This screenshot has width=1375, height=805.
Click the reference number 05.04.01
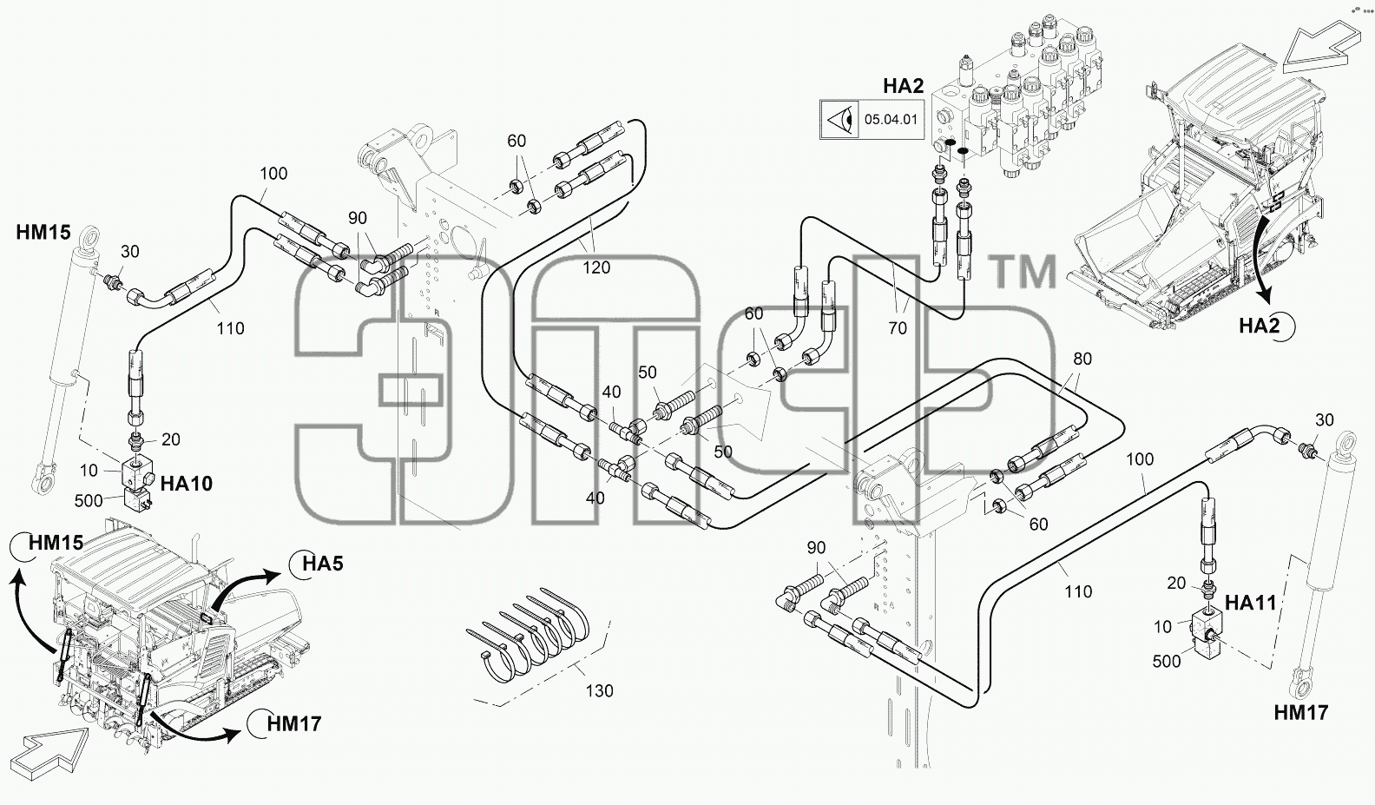pyautogui.click(x=891, y=119)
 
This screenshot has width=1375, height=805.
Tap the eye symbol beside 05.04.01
pyautogui.click(x=839, y=120)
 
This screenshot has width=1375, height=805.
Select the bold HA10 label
pyautogui.click(x=186, y=484)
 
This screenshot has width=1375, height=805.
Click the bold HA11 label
pyautogui.click(x=1250, y=603)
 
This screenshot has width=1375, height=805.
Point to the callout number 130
pyautogui.click(x=599, y=690)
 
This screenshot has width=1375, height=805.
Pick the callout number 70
pyautogui.click(x=898, y=328)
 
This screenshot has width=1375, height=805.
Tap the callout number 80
pyautogui.click(x=1082, y=359)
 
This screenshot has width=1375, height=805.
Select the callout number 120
pyautogui.click(x=596, y=267)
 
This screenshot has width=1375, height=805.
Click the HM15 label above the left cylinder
pyautogui.click(x=43, y=232)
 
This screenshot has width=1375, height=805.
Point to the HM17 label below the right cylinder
pyautogui.click(x=1301, y=712)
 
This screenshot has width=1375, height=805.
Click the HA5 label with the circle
pyautogui.click(x=322, y=563)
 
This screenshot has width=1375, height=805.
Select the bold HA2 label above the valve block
pyautogui.click(x=903, y=86)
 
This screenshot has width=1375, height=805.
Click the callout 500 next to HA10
pyautogui.click(x=89, y=501)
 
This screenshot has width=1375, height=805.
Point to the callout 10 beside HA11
pyautogui.click(x=1162, y=627)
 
